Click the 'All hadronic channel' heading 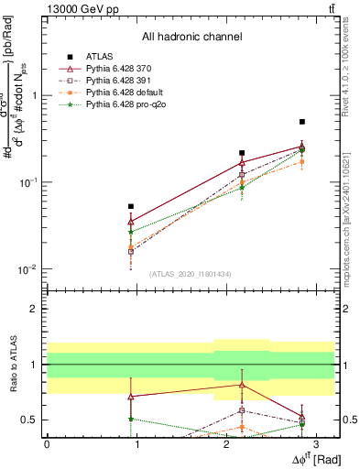191,37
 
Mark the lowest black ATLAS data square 131,207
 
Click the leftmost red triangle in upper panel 131,222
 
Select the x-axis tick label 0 46,444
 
